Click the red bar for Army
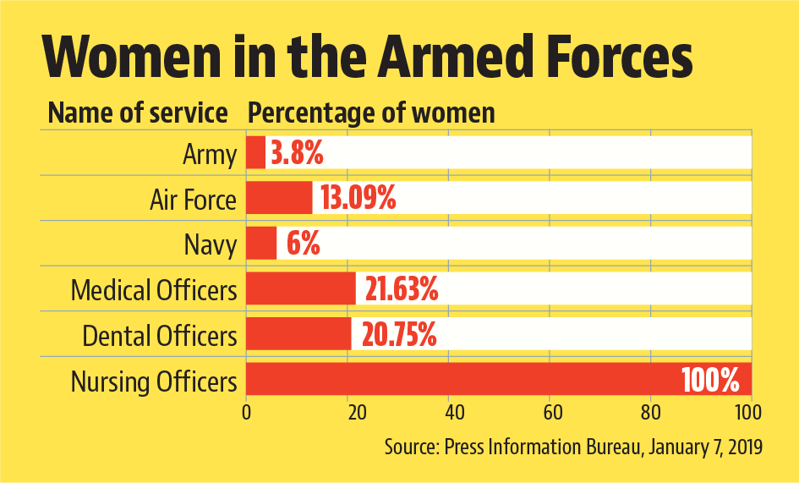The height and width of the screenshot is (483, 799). (255, 153)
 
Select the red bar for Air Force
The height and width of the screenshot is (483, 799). (279, 199)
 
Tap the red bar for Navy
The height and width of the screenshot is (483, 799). (261, 244)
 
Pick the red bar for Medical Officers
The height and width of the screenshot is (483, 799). (301, 289)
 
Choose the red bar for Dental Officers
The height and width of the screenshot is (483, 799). (298, 335)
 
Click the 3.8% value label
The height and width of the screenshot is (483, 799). (297, 154)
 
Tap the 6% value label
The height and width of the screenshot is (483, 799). (303, 245)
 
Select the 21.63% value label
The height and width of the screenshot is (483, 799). (402, 290)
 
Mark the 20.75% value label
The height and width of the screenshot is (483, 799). (399, 336)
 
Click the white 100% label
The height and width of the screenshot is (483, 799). (711, 381)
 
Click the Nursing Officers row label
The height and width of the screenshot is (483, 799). (154, 381)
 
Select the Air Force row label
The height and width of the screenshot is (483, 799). (193, 200)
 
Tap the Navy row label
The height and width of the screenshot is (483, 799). (210, 245)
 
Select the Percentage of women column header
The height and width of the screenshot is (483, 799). (371, 113)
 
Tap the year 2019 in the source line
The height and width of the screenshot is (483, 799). (743, 447)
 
